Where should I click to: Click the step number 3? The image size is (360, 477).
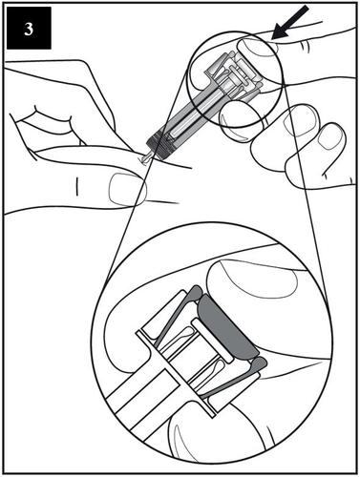[x=29, y=30]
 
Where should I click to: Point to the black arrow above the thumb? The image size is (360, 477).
[x=291, y=23]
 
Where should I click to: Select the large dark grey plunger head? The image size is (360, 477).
[x=228, y=326]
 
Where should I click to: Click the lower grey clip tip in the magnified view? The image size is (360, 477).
[x=260, y=363]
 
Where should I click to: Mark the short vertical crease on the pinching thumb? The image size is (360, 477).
[x=76, y=186]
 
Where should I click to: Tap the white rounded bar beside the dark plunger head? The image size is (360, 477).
[x=212, y=341]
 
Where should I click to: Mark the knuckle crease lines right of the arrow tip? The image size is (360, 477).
[x=306, y=45]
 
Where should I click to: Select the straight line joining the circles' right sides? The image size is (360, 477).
[x=306, y=192]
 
